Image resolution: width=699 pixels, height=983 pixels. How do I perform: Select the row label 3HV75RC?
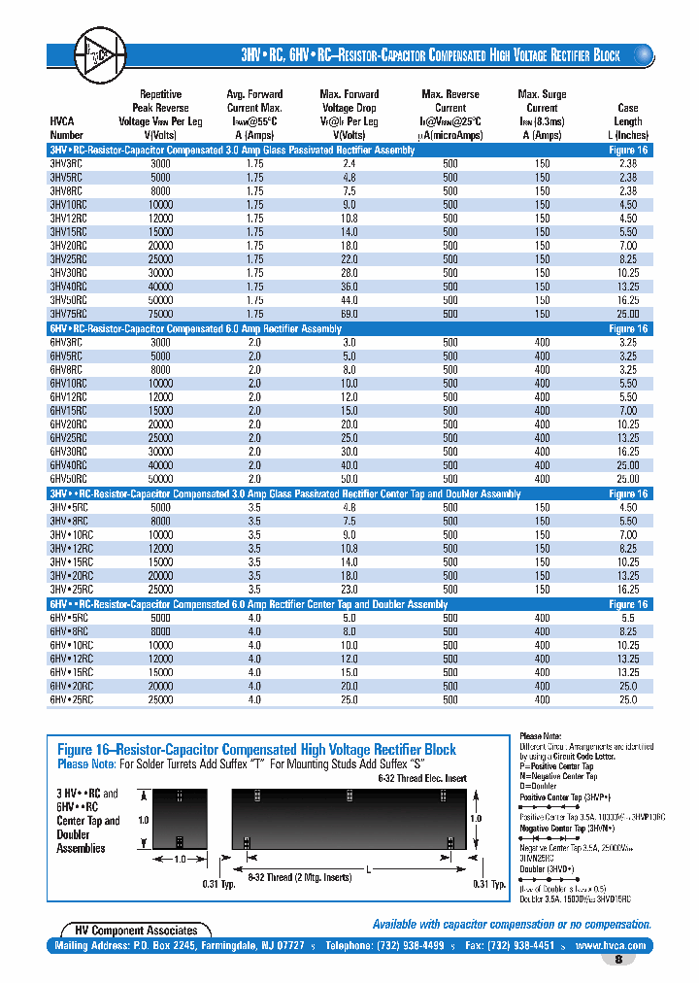click(x=68, y=315)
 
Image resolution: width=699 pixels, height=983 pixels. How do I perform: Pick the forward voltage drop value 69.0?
click(x=349, y=315)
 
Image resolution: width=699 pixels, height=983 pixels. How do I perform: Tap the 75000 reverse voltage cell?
click(x=160, y=315)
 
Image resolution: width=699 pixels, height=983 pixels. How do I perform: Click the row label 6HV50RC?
click(x=68, y=479)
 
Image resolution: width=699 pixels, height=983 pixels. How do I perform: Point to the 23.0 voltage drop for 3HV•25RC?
click(x=349, y=590)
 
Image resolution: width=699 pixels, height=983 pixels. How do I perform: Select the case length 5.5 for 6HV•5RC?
click(x=628, y=617)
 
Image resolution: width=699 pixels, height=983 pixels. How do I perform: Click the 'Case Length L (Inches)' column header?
click(x=628, y=121)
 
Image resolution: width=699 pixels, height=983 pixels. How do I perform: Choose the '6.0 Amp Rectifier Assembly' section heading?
click(x=194, y=329)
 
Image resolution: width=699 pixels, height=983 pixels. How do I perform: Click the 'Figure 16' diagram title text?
click(x=256, y=750)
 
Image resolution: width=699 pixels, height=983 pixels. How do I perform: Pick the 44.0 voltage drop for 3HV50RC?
click(x=349, y=301)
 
